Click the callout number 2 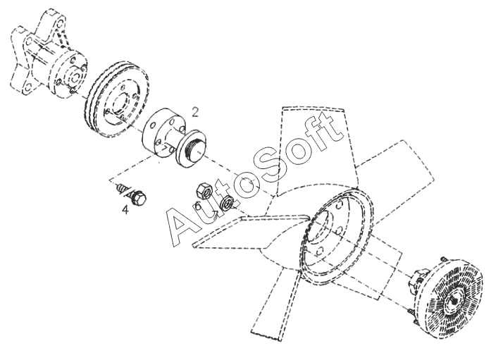tap(195, 112)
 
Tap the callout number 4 tap(125, 210)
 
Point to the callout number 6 tap(197, 206)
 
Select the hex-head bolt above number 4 tap(132, 193)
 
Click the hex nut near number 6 tap(204, 191)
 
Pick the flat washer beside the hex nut tap(228, 203)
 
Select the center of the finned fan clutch tap(455, 302)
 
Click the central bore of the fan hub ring tap(318, 227)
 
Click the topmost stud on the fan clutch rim tap(443, 259)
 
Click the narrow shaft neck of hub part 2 tap(173, 139)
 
